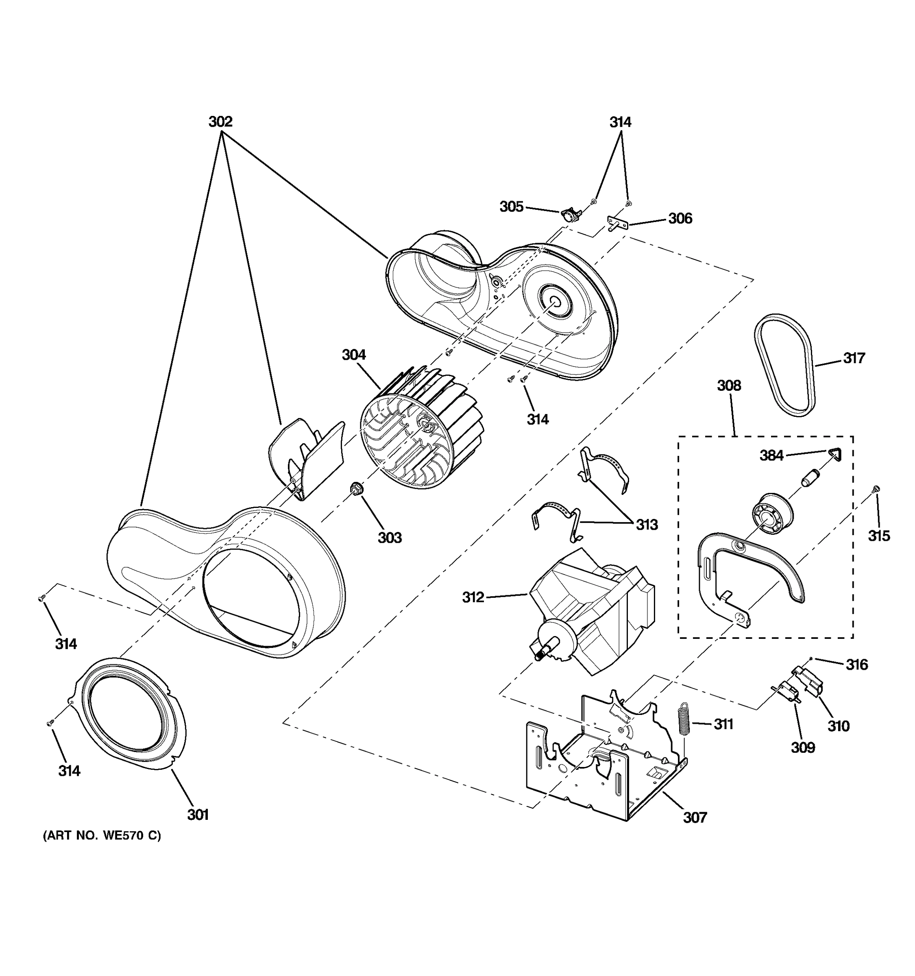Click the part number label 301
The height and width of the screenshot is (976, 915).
coord(198,815)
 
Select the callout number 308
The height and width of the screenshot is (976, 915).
coord(729,386)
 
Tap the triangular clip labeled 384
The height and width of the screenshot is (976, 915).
coord(835,454)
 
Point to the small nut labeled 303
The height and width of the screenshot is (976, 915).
coord(355,489)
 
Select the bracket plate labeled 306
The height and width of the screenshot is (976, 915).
coord(618,223)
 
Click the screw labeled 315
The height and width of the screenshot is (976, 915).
coord(877,488)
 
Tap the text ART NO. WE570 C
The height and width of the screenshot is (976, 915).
coord(102,835)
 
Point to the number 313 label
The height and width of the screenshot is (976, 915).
coord(647,525)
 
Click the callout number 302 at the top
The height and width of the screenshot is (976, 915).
coord(220,121)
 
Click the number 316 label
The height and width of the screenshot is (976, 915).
coord(856,665)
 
